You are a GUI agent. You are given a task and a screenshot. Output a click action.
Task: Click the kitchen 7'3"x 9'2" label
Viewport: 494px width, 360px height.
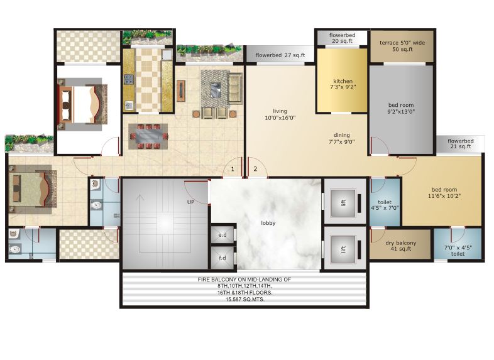click(343, 84)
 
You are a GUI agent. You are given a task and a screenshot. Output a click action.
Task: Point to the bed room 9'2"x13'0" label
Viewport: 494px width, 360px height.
click(401, 108)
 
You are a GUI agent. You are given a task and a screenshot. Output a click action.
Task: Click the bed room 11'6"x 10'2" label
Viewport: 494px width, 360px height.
click(444, 193)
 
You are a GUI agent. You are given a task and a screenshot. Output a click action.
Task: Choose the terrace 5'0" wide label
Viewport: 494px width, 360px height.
click(401, 46)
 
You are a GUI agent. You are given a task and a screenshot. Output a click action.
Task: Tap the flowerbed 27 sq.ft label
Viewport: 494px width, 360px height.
click(280, 55)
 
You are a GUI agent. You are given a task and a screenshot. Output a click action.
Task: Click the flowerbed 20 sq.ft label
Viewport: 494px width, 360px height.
click(342, 38)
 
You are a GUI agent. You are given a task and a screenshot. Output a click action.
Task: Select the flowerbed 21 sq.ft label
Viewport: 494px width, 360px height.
click(461, 144)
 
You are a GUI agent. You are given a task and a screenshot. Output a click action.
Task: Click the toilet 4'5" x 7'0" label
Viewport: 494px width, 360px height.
click(385, 204)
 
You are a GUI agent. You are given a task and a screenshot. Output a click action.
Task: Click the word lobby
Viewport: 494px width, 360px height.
click(268, 223)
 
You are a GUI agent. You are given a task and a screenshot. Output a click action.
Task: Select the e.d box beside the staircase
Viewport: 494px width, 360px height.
click(222, 235)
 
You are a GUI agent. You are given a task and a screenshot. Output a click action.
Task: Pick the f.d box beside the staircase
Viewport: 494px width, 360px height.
click(222, 258)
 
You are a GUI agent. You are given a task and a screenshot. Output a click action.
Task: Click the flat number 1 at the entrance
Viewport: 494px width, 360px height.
click(233, 168)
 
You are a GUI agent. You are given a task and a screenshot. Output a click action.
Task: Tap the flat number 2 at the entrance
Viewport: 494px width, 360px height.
click(255, 168)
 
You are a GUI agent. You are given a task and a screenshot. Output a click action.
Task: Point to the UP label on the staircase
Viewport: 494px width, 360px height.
click(190, 202)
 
